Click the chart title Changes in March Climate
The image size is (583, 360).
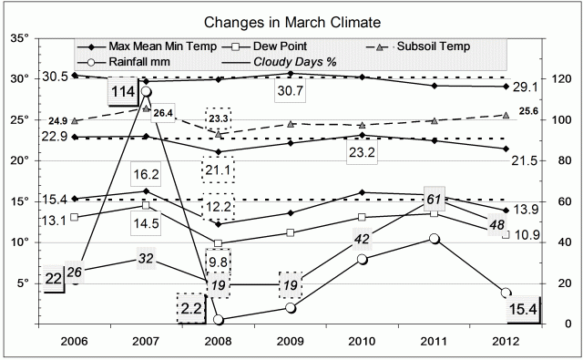pyautogui.click(x=291, y=20)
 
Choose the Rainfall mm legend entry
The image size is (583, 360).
pyautogui.click(x=139, y=61)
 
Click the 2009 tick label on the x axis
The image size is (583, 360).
pyautogui.click(x=290, y=343)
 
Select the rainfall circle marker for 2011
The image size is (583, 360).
pyautogui.click(x=435, y=239)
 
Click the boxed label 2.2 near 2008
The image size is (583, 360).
pyautogui.click(x=192, y=309)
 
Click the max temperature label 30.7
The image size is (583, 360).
pyautogui.click(x=290, y=90)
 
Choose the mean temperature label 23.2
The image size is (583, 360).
pyautogui.click(x=370, y=154)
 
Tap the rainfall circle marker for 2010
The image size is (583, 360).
pyautogui.click(x=363, y=259)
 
